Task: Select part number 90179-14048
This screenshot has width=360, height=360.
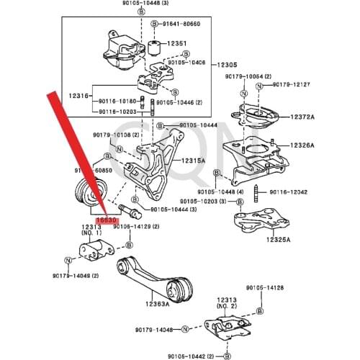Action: coord(154,329)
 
